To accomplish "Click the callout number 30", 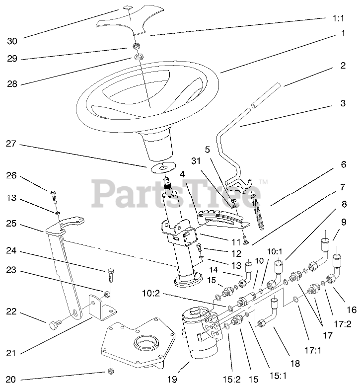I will click(x=11, y=41).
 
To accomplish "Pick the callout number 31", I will click(x=197, y=160).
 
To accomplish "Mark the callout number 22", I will click(x=11, y=312).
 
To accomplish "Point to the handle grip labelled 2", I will click(x=266, y=97).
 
